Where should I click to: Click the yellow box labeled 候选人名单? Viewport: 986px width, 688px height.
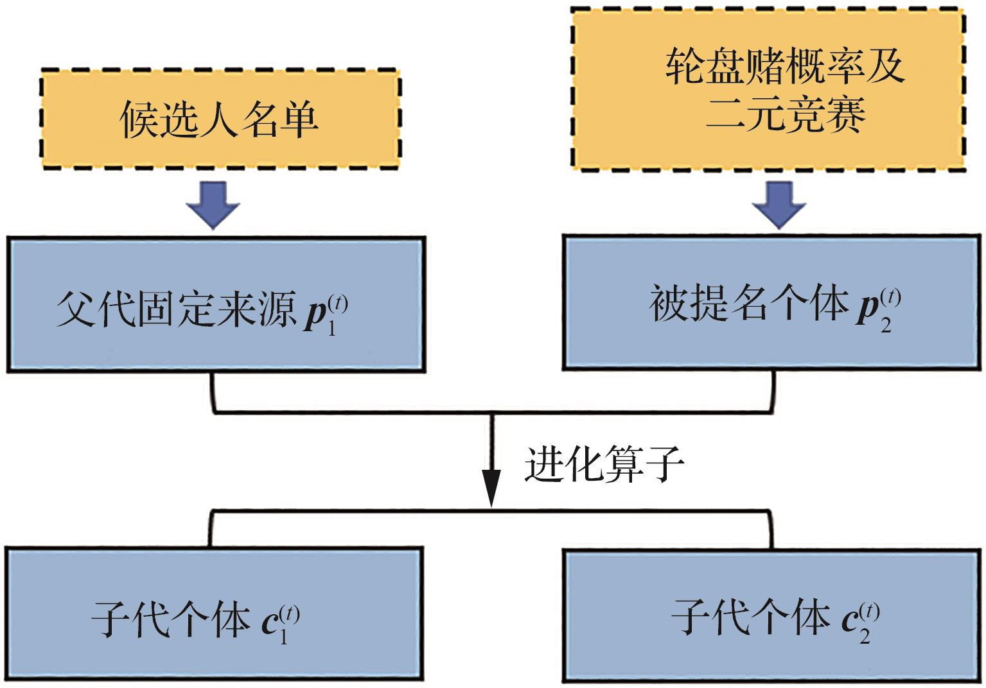click(x=220, y=119)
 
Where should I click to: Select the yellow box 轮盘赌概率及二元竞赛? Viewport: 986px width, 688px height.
click(x=768, y=89)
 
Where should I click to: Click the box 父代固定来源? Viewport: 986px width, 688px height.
click(x=216, y=304)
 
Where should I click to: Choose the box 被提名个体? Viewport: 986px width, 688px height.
click(x=771, y=302)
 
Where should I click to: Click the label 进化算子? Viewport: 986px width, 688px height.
click(x=604, y=463)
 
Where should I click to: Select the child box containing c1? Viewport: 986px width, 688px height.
click(x=213, y=614)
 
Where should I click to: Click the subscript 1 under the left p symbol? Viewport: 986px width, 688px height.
click(x=332, y=330)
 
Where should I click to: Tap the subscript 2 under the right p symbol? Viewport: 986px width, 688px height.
click(x=886, y=326)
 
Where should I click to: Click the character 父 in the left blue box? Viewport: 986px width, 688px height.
click(x=76, y=309)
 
